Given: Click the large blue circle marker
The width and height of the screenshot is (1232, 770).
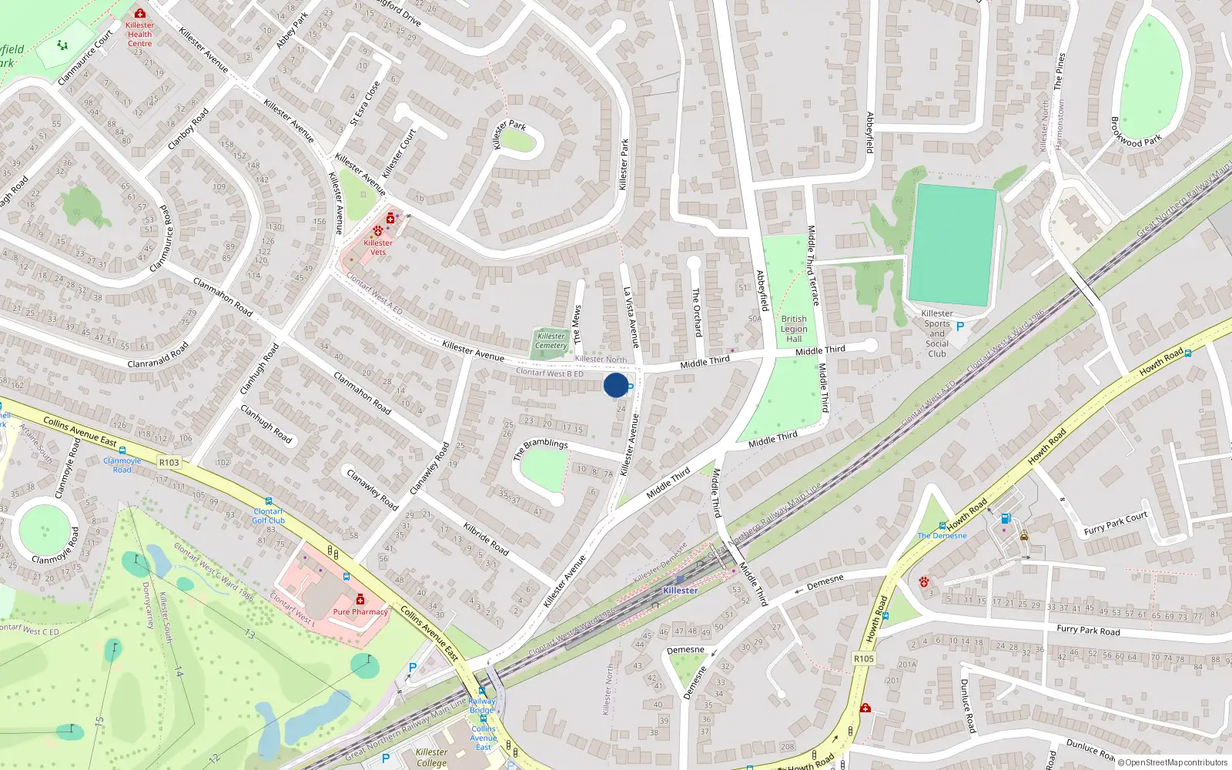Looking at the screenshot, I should (x=615, y=385).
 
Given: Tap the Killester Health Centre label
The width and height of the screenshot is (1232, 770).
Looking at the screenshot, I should (x=139, y=35).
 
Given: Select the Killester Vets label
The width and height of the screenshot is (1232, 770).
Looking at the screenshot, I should (x=377, y=247).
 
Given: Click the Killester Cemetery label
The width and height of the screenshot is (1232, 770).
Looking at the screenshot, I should (x=551, y=340).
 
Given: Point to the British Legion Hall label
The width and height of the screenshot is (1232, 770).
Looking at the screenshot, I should (x=794, y=329).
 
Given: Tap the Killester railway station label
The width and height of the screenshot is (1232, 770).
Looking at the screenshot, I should (x=680, y=591).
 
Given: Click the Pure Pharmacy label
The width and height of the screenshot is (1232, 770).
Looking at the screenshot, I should (x=360, y=612).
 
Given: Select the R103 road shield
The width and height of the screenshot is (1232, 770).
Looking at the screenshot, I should (x=169, y=463).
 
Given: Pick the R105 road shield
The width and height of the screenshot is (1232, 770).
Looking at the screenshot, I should (x=864, y=658).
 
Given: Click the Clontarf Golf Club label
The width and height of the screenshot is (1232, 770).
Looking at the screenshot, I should (x=268, y=516).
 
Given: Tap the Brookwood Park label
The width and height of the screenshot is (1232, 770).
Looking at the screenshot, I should (x=1135, y=132).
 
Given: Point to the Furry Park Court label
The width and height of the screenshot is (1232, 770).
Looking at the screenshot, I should (x=1115, y=524).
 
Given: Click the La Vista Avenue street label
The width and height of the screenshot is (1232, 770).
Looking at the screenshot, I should (x=631, y=317).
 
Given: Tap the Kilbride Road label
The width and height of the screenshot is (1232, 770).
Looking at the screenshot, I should (x=486, y=539).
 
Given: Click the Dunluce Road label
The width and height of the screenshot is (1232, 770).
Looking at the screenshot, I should (x=968, y=705).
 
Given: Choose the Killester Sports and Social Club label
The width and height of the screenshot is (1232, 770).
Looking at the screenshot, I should (x=937, y=333).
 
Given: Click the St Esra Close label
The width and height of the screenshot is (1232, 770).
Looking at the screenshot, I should (x=365, y=103).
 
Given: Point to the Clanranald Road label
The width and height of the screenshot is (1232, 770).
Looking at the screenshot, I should (x=158, y=356).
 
